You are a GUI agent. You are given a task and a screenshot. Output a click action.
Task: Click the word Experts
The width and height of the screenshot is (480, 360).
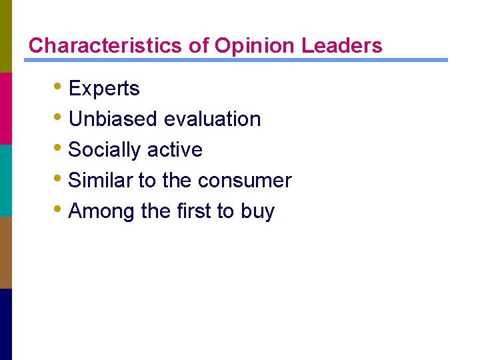(x=104, y=89)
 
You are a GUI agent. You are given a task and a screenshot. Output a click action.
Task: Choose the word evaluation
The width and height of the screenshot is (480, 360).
(x=212, y=119)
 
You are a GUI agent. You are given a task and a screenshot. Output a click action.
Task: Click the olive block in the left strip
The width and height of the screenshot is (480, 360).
(x=6, y=36)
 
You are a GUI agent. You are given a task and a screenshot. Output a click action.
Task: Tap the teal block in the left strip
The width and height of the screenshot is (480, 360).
(x=6, y=180)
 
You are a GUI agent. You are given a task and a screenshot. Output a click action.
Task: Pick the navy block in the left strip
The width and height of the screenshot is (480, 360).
(x=6, y=324)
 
